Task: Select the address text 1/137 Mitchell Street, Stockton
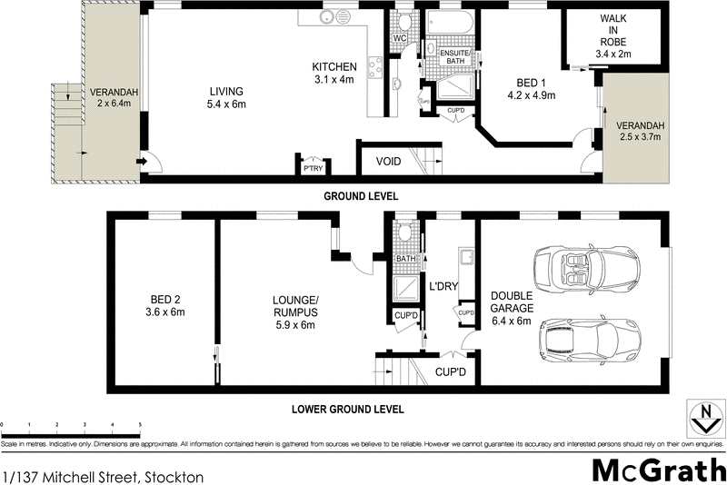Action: click(103, 475)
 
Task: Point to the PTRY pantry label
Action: click(314, 167)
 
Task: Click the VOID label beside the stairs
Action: click(388, 162)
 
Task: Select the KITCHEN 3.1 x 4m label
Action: click(334, 73)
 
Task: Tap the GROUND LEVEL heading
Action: click(361, 196)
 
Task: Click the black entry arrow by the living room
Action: click(142, 163)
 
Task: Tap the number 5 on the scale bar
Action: click(140, 424)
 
